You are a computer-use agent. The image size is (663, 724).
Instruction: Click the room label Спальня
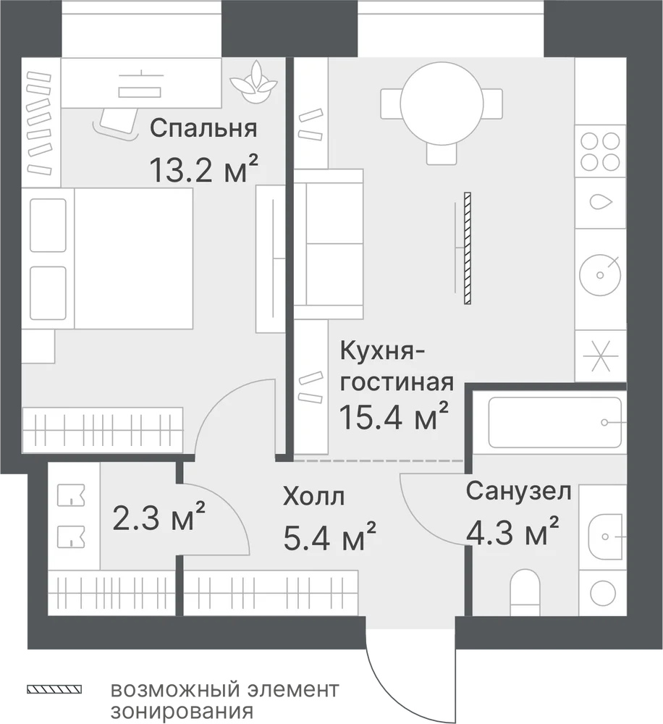point(203,128)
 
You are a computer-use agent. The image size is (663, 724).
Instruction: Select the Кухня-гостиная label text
point(397,367)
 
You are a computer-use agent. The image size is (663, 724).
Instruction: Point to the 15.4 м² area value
point(394,416)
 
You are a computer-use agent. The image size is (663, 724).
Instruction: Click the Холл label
point(314,497)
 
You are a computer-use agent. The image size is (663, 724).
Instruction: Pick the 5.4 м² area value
point(329,536)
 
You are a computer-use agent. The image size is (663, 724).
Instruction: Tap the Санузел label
point(518,491)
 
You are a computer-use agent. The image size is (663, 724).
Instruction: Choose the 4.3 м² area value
point(512,531)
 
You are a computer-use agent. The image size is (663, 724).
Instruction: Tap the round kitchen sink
point(600,275)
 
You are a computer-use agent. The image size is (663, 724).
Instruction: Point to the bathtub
point(554,422)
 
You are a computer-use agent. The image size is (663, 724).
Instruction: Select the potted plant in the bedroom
point(254,83)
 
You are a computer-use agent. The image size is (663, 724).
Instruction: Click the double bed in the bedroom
point(107,258)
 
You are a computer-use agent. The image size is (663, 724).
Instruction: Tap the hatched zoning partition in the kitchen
point(468,248)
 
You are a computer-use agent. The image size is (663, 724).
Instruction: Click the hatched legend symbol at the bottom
point(54,690)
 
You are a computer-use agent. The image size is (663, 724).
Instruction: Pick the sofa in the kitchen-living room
point(329,244)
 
